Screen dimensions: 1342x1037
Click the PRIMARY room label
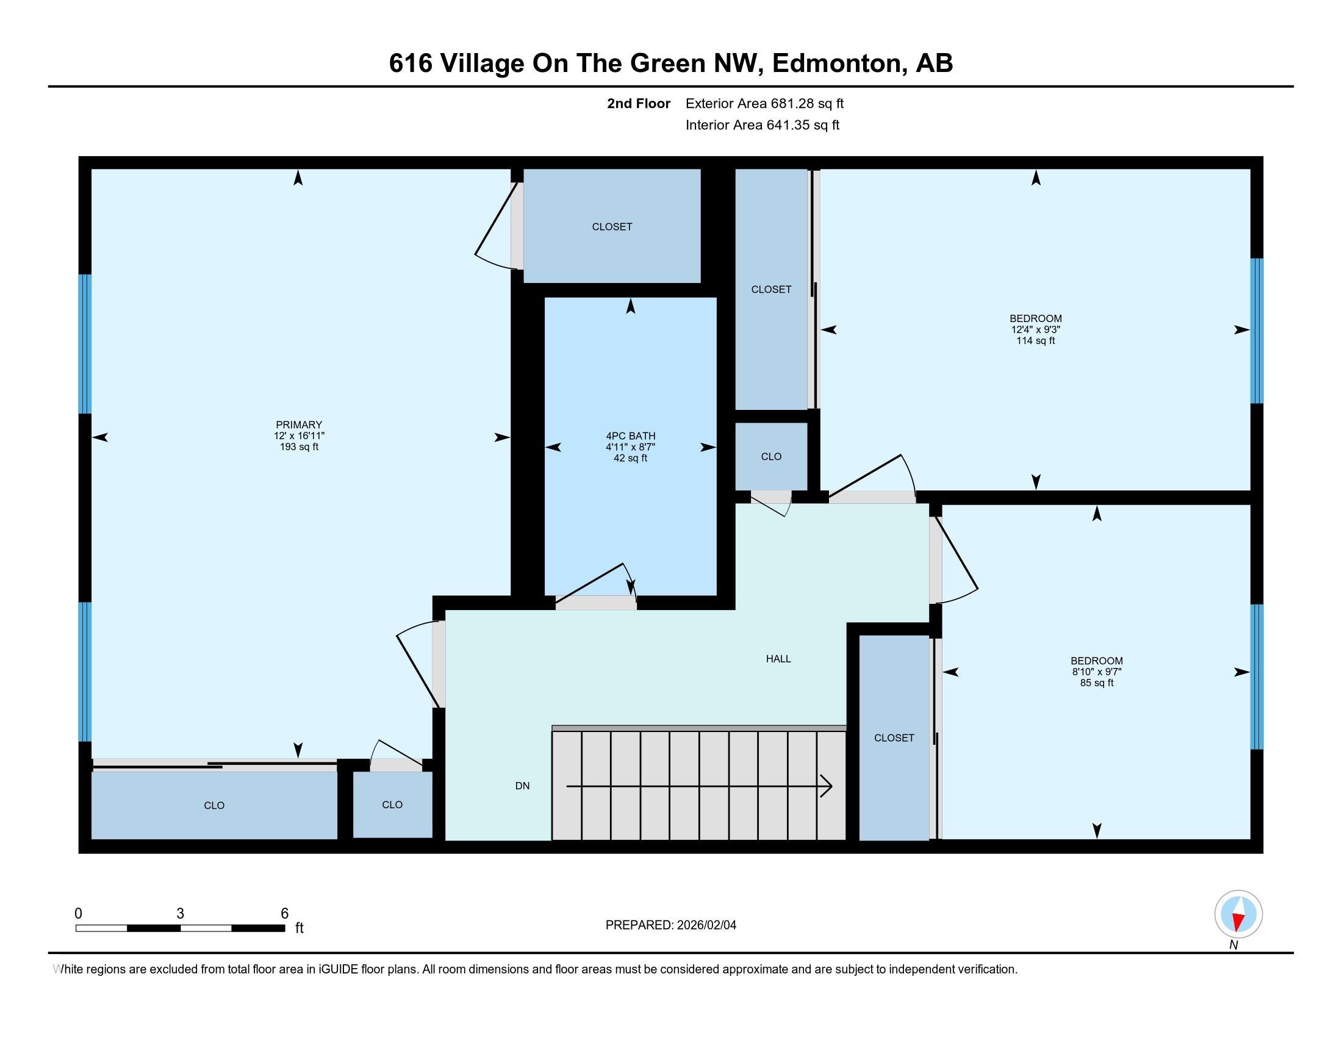[299, 425]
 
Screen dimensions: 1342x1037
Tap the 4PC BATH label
[631, 436]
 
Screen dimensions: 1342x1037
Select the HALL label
[778, 659]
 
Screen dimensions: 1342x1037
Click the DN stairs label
[522, 786]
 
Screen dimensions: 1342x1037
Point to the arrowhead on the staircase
[827, 786]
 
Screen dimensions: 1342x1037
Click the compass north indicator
[1238, 914]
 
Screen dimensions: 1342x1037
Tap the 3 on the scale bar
[180, 914]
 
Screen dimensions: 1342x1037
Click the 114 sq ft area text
[1035, 340]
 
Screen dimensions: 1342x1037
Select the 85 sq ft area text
[1097, 683]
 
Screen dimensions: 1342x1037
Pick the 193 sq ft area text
[299, 447]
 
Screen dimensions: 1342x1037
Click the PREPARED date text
[671, 925]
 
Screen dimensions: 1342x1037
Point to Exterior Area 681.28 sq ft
[764, 103]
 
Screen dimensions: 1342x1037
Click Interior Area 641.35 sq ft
[762, 124]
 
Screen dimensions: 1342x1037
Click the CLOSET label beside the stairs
[894, 738]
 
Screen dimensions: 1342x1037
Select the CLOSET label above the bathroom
[612, 227]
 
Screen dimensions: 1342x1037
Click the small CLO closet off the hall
[771, 456]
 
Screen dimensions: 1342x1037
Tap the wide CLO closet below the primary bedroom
[215, 805]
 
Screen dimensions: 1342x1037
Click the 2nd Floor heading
[639, 103]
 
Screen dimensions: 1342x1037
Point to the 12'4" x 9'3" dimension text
[1035, 329]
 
